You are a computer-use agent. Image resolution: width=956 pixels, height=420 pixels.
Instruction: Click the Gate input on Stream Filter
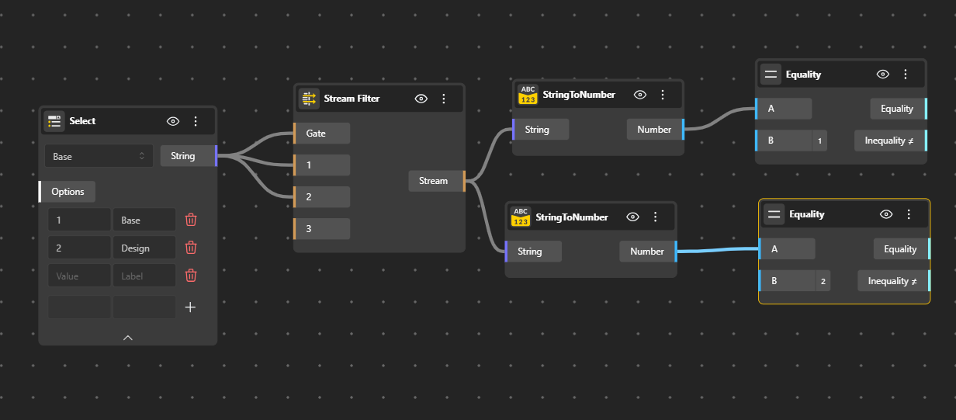click(321, 134)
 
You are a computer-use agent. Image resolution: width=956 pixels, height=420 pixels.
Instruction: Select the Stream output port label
click(434, 181)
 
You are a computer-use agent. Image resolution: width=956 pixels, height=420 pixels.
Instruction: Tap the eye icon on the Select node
click(173, 121)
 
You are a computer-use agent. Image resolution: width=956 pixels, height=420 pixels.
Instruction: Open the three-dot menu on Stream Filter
click(444, 99)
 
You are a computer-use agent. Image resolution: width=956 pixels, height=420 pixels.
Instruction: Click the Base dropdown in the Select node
click(98, 156)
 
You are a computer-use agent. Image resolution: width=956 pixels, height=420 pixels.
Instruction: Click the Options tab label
click(68, 192)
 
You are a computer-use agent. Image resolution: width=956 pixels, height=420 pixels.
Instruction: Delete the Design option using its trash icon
click(191, 248)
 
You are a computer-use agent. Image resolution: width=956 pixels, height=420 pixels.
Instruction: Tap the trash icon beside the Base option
click(191, 220)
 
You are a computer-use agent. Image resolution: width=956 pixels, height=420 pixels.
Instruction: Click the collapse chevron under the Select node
click(128, 338)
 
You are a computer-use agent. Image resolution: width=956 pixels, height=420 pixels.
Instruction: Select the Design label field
click(144, 248)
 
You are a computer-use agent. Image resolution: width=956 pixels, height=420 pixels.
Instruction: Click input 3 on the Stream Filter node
click(321, 229)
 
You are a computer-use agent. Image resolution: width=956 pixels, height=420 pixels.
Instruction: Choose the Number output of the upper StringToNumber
click(654, 130)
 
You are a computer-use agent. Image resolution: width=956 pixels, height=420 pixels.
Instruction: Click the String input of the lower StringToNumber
click(532, 252)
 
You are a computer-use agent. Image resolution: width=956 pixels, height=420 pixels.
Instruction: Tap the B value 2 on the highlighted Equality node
click(823, 281)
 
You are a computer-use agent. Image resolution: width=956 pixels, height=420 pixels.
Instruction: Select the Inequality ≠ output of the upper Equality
click(889, 141)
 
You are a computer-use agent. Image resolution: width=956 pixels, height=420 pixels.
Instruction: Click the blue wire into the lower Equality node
click(718, 250)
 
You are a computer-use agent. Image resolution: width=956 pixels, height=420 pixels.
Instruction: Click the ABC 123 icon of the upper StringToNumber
click(528, 95)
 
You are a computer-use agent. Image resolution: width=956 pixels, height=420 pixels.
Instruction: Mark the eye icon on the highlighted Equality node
click(886, 214)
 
